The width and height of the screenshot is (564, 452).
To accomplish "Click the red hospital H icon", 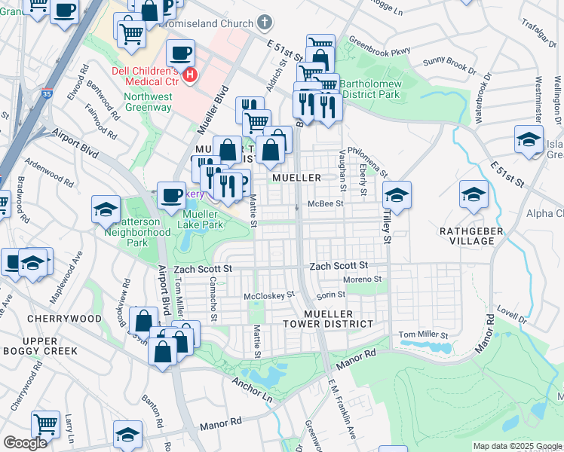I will point(191,75).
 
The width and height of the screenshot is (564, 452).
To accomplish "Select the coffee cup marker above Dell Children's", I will point(180,53).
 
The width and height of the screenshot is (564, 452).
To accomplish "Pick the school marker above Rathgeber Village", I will point(473,196).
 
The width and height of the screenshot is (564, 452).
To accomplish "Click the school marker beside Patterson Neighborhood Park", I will point(106,209).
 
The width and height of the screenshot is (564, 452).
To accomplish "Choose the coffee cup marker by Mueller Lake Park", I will point(171,196).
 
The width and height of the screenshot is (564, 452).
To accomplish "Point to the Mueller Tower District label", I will point(338,319).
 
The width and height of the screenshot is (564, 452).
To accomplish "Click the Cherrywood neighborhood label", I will point(64,319).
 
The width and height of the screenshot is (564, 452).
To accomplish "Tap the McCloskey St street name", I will point(268,295).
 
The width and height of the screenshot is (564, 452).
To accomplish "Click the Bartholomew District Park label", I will point(369,90).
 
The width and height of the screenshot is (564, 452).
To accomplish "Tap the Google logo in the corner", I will point(25,443).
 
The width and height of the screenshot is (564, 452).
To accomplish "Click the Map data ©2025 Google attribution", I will point(517,447).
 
